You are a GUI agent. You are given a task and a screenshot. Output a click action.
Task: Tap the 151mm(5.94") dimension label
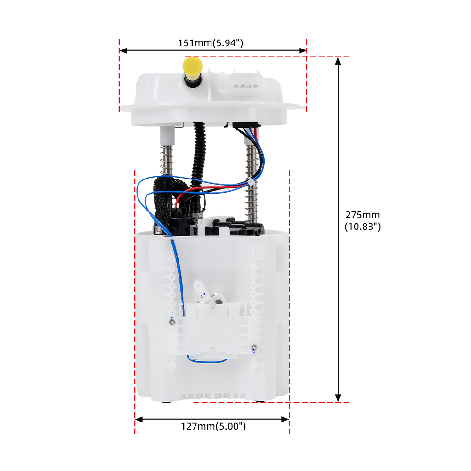(x=211, y=43)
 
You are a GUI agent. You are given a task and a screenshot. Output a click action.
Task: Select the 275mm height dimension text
(x=363, y=220)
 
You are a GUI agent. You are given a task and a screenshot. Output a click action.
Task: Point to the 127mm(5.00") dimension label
(x=213, y=426)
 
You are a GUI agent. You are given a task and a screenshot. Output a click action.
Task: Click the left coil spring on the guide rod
(x=166, y=160)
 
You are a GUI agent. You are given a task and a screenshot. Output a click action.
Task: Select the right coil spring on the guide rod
(x=252, y=183)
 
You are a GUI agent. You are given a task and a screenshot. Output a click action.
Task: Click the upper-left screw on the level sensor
(x=172, y=322)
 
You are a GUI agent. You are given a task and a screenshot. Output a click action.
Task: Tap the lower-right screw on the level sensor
(x=254, y=348)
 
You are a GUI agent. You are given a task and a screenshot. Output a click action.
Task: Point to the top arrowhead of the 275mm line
(x=338, y=61)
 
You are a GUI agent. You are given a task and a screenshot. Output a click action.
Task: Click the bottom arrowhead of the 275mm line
(x=338, y=398)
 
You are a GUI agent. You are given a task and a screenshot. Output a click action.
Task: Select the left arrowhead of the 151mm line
(x=123, y=50)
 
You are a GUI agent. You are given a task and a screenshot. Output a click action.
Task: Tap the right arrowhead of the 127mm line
(x=285, y=419)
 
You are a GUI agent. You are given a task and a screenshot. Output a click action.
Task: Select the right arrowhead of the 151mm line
(x=302, y=50)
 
